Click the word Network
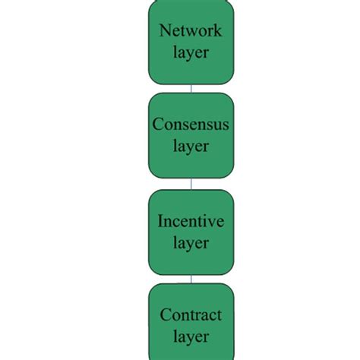[x=191, y=31]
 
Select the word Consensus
[x=191, y=124]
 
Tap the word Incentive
[x=191, y=222]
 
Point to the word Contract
[x=191, y=314]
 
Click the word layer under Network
[x=191, y=53]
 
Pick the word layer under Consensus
[x=191, y=146]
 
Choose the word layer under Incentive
[x=191, y=243]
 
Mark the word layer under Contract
[x=191, y=336]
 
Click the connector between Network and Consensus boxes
[x=191, y=88]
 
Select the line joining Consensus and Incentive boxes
[x=191, y=183]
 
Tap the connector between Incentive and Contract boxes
[x=191, y=279]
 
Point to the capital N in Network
[x=163, y=31]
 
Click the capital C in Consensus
[x=157, y=124]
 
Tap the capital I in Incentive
[x=160, y=222]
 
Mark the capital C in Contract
[x=165, y=314]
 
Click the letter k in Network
[x=219, y=31]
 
